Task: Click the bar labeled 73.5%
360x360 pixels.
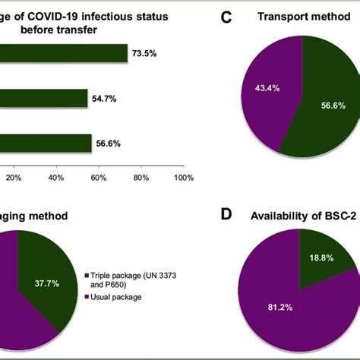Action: [64, 53]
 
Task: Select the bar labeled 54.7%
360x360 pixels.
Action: [44, 98]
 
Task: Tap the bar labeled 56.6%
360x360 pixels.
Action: [46, 143]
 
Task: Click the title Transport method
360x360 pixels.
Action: [302, 16]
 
